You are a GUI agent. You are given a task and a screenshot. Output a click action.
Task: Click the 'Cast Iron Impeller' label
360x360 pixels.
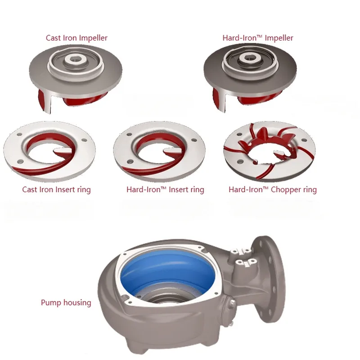coord(76,38)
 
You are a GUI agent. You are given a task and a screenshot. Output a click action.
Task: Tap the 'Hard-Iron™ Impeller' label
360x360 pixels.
coord(258,38)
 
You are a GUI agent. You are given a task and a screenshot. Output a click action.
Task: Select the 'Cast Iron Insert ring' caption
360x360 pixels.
coord(56,189)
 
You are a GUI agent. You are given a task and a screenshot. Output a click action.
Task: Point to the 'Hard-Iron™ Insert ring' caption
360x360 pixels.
coord(165,189)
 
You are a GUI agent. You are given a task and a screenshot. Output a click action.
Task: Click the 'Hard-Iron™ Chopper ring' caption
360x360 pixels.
coord(272,189)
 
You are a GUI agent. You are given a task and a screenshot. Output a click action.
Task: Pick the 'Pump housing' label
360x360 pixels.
coord(66,302)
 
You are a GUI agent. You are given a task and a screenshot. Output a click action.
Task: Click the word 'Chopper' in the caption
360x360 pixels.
coord(287,189)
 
